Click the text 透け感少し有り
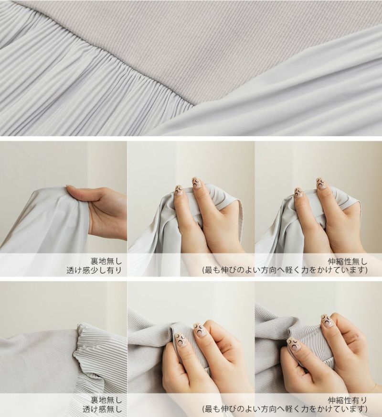[x=94, y=270]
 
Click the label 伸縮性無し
[x=348, y=262]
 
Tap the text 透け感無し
[x=102, y=409]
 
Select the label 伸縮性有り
[x=348, y=400]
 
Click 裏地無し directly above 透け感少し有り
[x=106, y=261]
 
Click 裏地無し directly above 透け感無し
[x=106, y=400]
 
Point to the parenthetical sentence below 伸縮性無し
[x=285, y=270]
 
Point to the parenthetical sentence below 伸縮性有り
[x=285, y=409]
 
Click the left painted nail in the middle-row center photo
[x=178, y=191]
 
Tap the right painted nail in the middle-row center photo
[x=196, y=183]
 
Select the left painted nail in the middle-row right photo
[x=298, y=193]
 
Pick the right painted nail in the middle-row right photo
[x=321, y=184]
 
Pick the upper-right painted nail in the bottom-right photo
[x=328, y=319]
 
